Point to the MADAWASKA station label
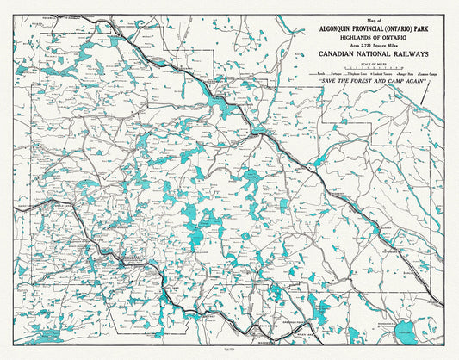tap(259, 342)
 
